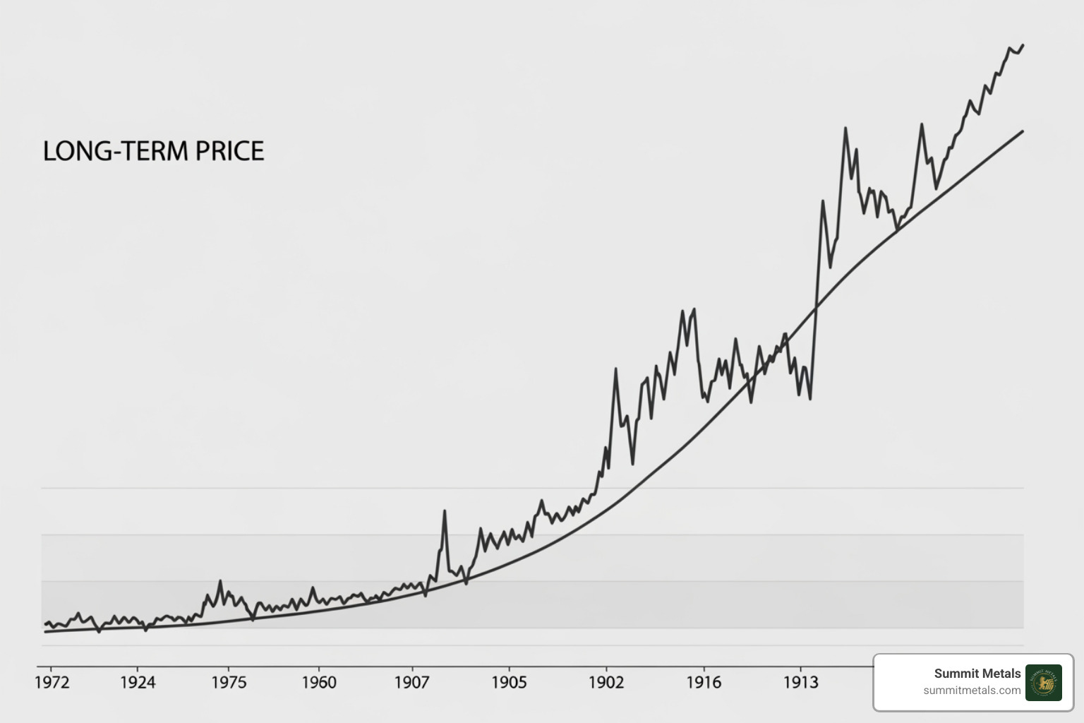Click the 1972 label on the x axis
point(52,682)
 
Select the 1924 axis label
point(138,682)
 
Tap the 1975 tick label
point(229,682)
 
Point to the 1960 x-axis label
point(319,682)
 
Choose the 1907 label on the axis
point(411,682)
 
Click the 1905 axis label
point(509,682)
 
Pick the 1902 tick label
point(606,682)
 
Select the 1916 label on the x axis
point(704,682)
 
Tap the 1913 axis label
point(800,682)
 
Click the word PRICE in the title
point(229,151)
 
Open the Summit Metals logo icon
point(1043,682)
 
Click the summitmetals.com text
point(972,691)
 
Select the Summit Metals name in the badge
point(977,674)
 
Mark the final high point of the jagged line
point(1023,45)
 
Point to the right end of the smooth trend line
point(1023,131)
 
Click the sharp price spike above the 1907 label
point(445,510)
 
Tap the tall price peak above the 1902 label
point(616,369)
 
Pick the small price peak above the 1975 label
point(220,581)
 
